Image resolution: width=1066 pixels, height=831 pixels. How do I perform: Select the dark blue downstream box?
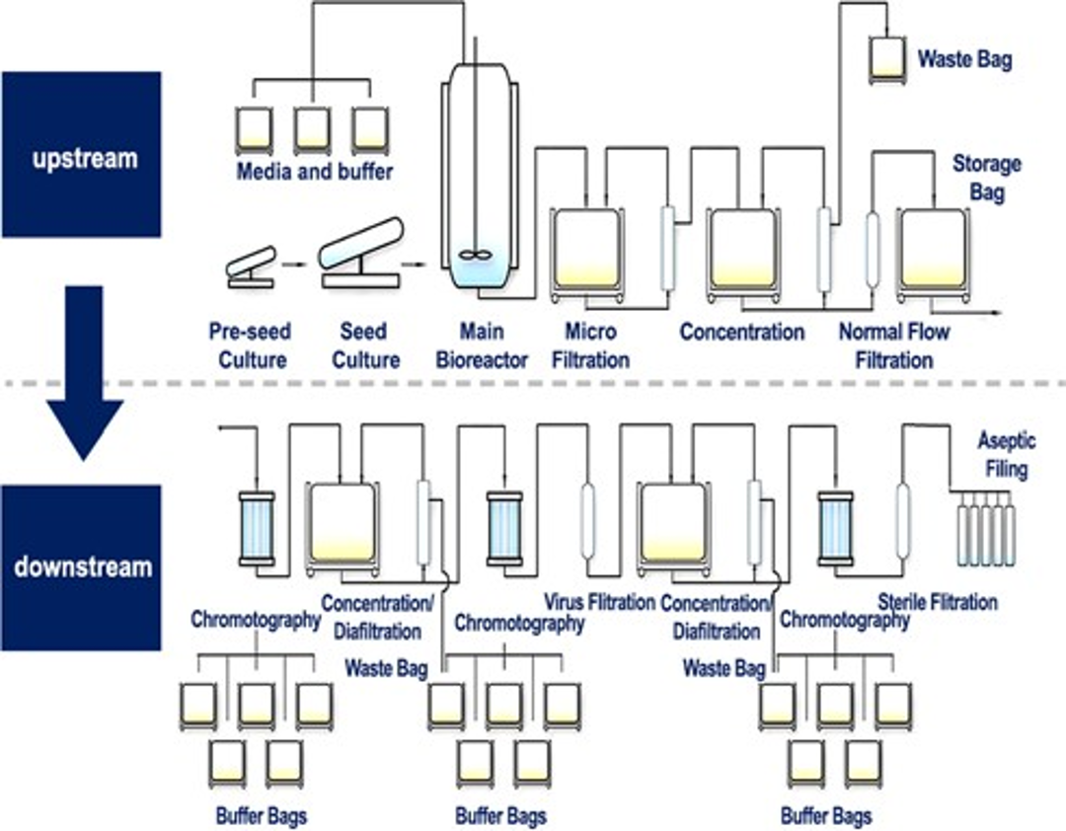tap(81, 567)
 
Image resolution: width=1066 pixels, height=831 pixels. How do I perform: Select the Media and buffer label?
tap(314, 173)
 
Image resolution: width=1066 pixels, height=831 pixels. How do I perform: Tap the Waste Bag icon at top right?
tap(890, 58)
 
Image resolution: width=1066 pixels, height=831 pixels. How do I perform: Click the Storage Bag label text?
tap(986, 178)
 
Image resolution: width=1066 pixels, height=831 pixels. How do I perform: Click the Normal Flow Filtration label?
tap(893, 344)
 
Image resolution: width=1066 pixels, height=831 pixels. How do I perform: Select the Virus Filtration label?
tap(600, 601)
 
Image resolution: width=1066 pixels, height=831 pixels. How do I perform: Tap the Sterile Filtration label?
tap(938, 601)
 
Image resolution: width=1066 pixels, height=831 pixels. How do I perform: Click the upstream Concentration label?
tap(742, 332)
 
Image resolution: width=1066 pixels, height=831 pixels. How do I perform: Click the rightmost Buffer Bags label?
tap(826, 816)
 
